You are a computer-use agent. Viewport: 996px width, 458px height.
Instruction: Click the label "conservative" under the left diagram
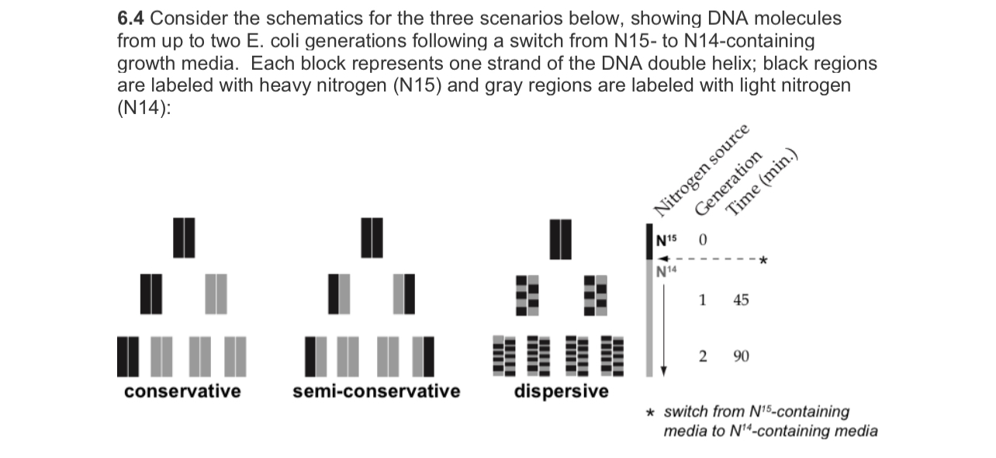click(182, 390)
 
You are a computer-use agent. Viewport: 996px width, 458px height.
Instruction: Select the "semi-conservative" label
click(376, 390)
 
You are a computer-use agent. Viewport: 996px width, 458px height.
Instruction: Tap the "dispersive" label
click(561, 390)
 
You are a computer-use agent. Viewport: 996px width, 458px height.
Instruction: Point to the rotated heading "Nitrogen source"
click(703, 170)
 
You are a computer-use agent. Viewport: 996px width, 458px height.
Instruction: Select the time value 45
click(741, 300)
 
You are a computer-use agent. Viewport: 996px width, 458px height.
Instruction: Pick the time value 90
click(741, 356)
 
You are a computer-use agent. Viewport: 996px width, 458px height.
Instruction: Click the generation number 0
click(702, 240)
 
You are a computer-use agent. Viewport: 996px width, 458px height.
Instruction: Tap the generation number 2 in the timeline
click(702, 356)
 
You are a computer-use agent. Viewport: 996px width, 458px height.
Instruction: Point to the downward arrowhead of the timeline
click(662, 370)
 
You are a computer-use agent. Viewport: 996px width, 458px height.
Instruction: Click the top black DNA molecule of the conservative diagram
click(183, 237)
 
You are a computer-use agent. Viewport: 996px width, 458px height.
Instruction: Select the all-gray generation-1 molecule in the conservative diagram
click(216, 293)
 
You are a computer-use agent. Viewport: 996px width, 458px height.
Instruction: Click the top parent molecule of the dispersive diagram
click(561, 238)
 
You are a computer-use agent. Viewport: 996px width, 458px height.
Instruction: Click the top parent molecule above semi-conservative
click(372, 237)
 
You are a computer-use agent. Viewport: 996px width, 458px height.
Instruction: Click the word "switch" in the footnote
click(683, 411)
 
